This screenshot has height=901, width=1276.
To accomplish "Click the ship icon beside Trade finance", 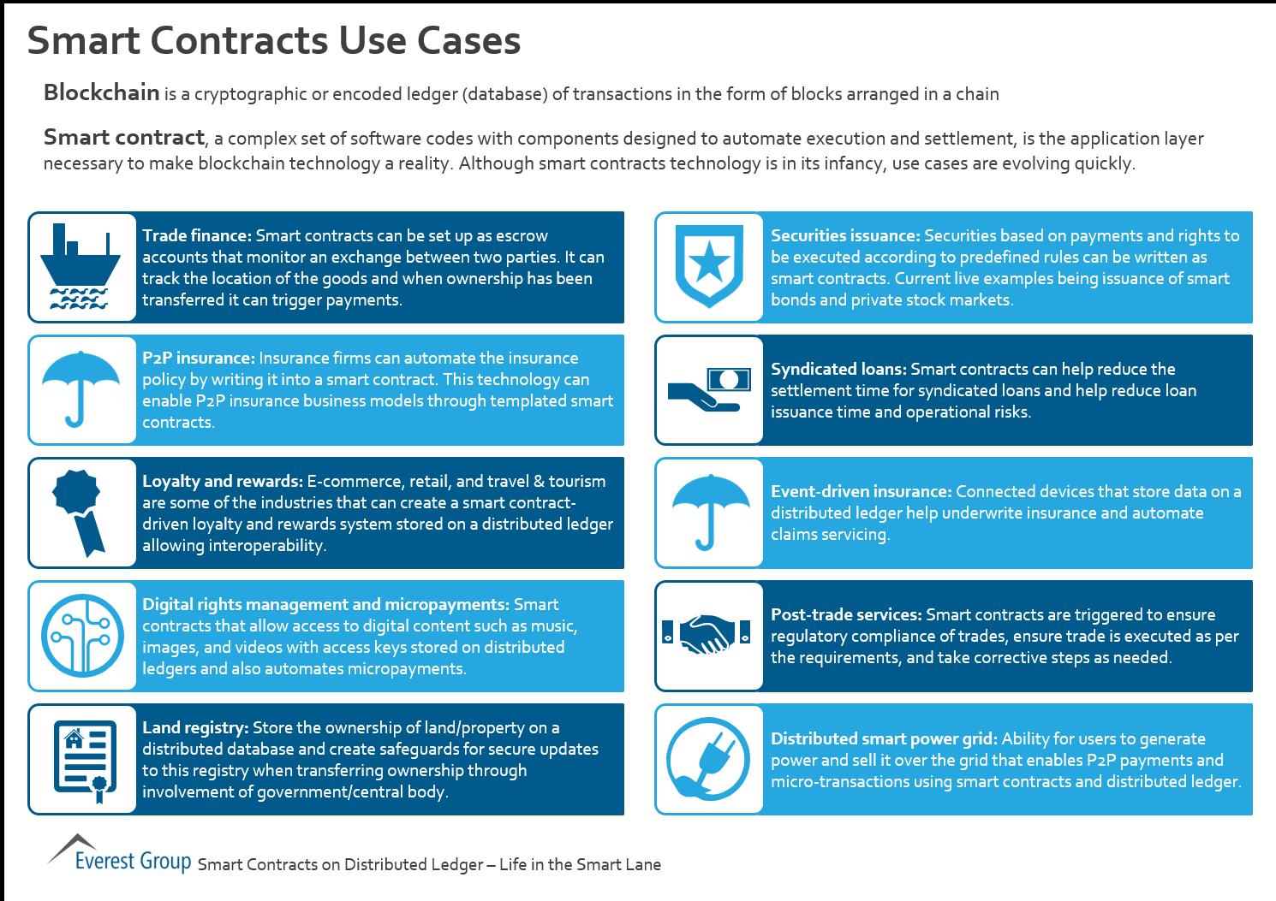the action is click(82, 267).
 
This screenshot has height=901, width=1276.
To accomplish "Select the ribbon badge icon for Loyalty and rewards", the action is click(80, 512).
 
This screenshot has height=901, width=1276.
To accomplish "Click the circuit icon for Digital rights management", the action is click(82, 636).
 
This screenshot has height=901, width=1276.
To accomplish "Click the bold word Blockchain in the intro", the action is click(101, 92).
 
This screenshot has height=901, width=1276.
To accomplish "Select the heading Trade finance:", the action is click(196, 235).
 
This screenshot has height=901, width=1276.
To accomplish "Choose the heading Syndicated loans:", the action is click(838, 369).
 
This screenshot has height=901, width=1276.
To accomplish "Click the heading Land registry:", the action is click(195, 727).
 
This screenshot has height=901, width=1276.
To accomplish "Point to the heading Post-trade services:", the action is click(845, 614).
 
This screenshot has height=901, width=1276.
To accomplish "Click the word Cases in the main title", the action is click(473, 40).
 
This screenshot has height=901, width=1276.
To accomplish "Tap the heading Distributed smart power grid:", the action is click(884, 738).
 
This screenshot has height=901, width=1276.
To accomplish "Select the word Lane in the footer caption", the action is click(643, 864).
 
